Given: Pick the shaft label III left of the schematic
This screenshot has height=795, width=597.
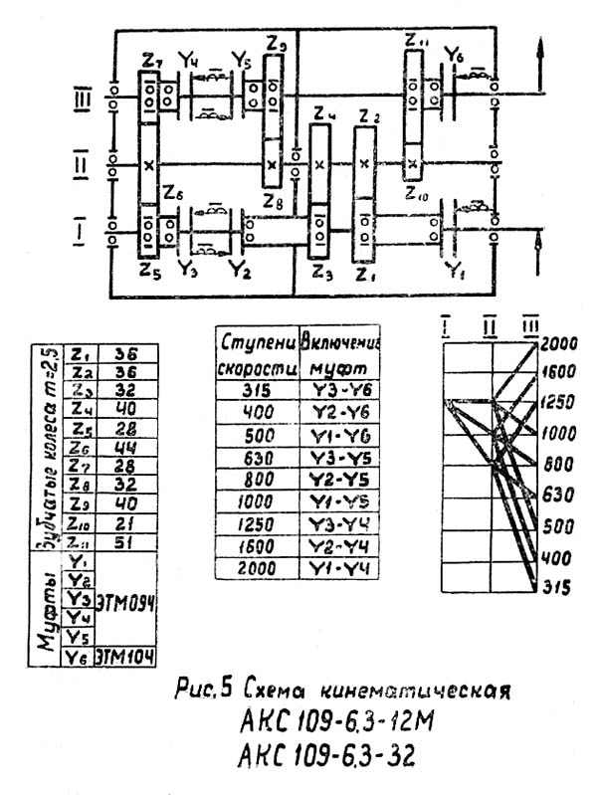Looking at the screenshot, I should click(x=84, y=99).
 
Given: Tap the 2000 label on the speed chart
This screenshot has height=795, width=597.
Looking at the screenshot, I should click(x=561, y=344).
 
